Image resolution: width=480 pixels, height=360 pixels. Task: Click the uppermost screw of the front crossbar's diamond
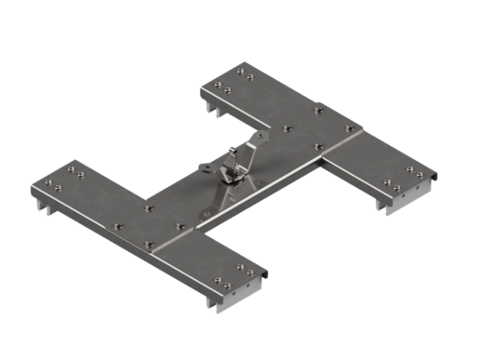149,207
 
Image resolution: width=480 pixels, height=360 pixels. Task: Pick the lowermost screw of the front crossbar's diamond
148,245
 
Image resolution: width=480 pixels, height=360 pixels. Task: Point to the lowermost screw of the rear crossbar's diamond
318,145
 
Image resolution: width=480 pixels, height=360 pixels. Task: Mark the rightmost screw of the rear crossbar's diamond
350,127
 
